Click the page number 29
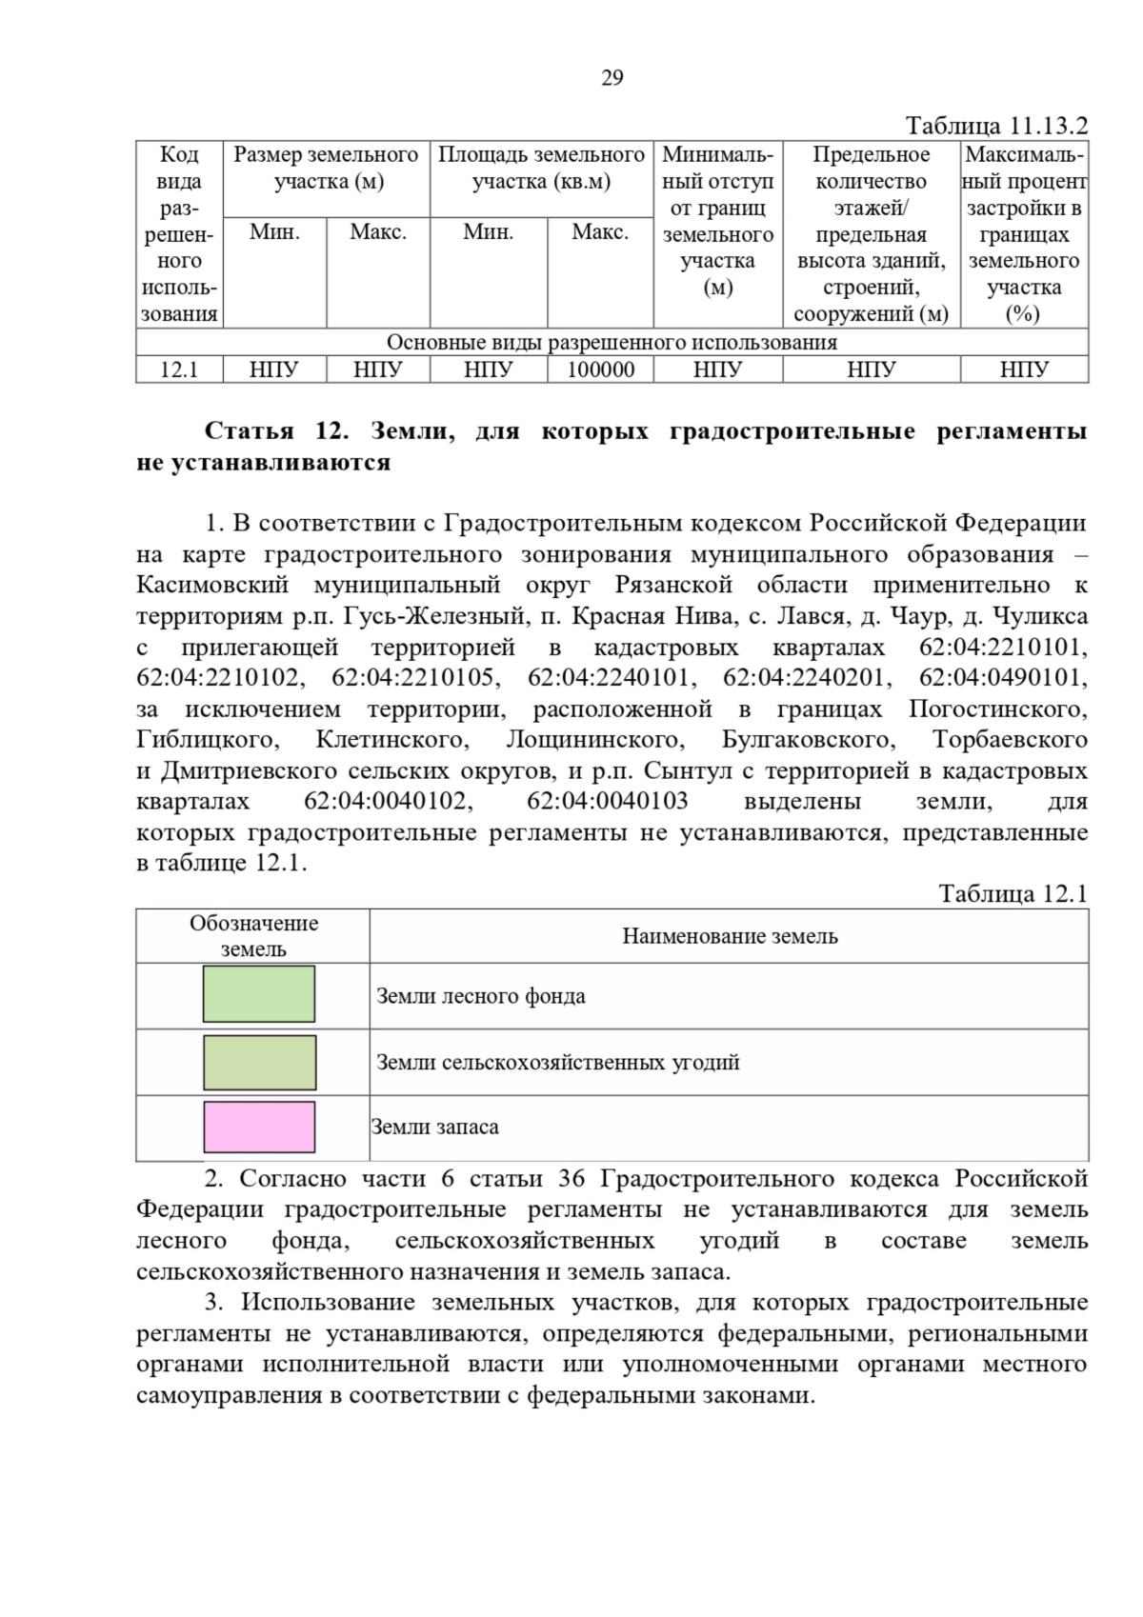tap(612, 78)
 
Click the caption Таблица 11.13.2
tap(995, 127)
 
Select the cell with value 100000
tap(600, 369)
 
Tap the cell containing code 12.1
tap(179, 369)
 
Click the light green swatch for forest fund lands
tap(259, 994)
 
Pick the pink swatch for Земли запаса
tap(259, 1127)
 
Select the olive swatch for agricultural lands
tap(259, 1062)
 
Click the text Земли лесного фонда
tap(481, 996)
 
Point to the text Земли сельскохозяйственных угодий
tap(558, 1062)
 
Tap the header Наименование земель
tap(730, 936)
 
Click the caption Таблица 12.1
tap(1013, 893)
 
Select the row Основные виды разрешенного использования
tap(612, 343)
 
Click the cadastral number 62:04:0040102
tap(388, 801)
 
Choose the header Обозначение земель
tap(253, 935)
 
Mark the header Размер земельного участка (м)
tap(327, 168)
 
